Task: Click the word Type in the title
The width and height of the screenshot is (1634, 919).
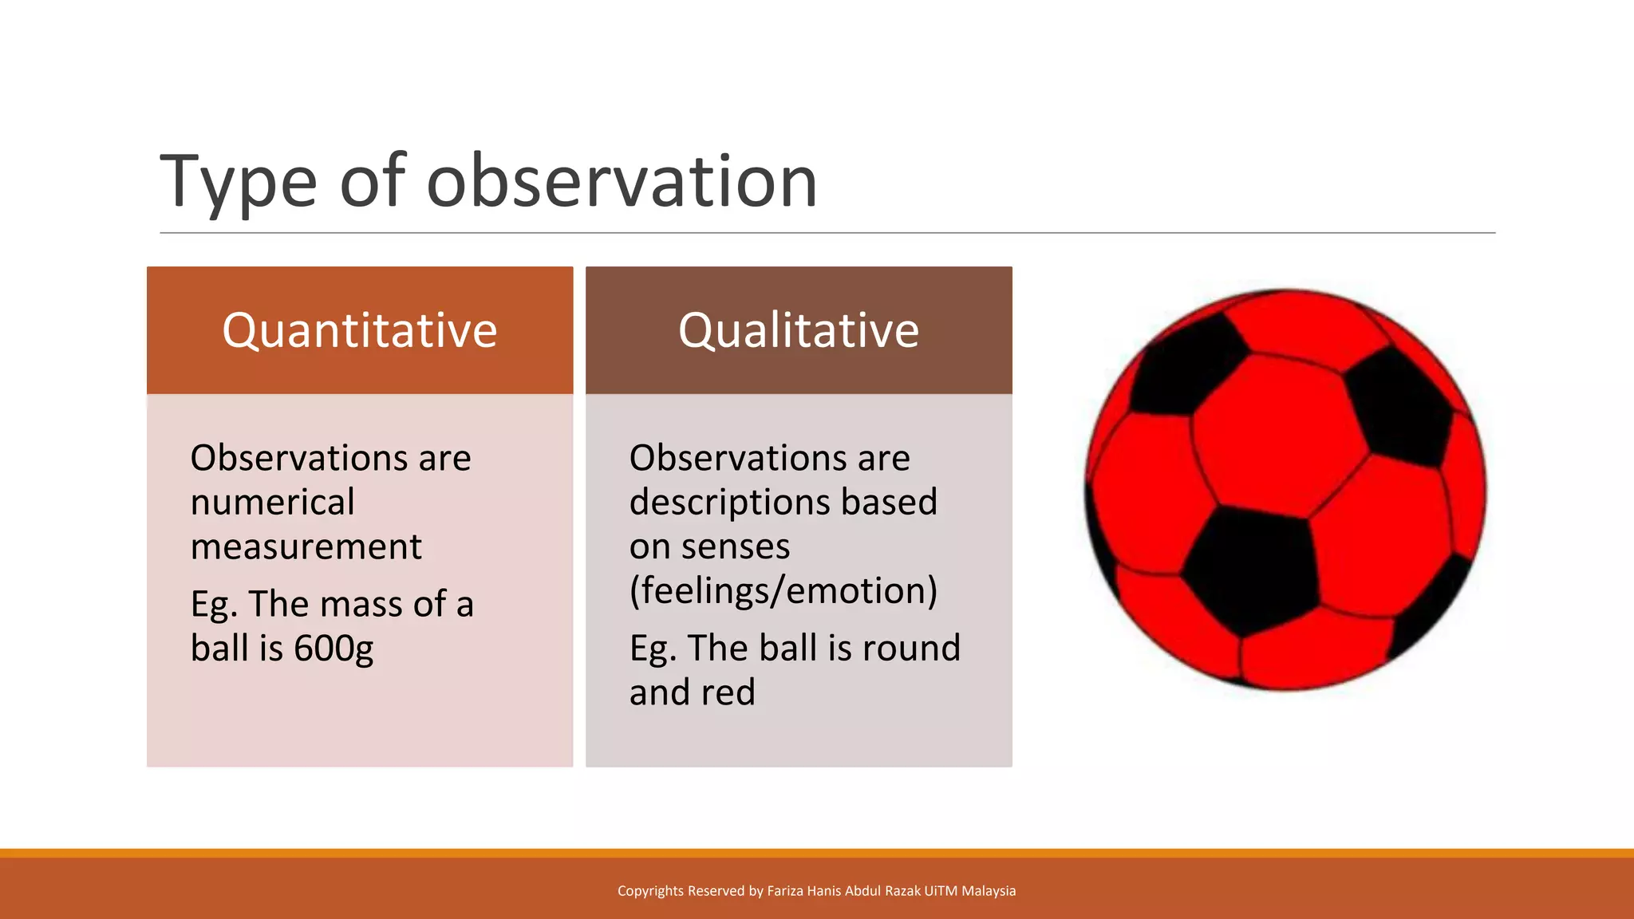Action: point(238,183)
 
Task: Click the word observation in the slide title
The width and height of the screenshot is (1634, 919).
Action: point(622,182)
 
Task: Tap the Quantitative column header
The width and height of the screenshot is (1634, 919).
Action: point(359,330)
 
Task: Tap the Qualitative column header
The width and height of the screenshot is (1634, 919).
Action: point(798,330)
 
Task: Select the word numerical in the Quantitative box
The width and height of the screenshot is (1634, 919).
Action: point(272,503)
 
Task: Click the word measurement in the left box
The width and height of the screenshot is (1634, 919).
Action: point(306,547)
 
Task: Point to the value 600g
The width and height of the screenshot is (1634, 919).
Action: point(333,649)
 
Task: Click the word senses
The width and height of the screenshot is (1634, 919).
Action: point(735,547)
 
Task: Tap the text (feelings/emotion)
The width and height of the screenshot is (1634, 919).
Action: point(783,591)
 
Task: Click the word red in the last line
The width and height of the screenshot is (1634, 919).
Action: point(727,692)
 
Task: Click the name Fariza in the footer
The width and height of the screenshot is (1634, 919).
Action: point(785,891)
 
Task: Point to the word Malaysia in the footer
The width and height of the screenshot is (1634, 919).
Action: point(989,891)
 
